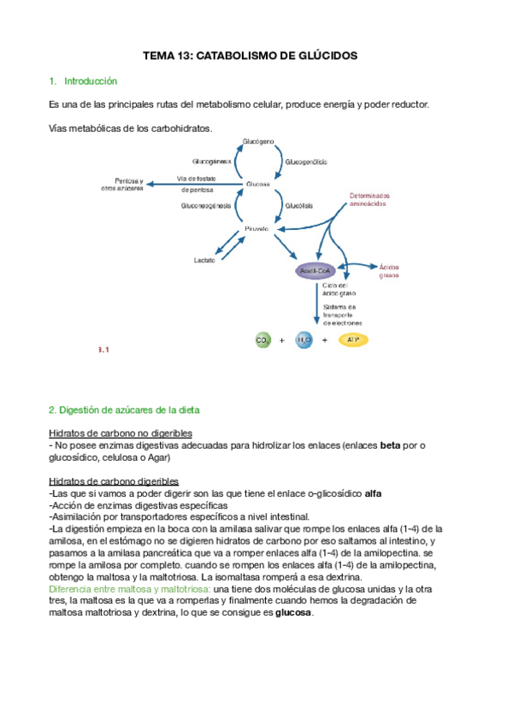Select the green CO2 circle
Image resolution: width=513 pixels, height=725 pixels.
click(x=262, y=340)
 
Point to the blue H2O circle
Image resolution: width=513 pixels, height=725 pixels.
click(x=304, y=340)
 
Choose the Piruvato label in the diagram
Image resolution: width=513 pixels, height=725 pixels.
click(x=256, y=229)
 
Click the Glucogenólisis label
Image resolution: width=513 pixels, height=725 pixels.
click(x=305, y=162)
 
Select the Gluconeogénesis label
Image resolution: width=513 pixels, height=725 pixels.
click(x=206, y=206)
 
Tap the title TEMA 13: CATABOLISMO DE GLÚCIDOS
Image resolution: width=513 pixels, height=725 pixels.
click(x=256, y=56)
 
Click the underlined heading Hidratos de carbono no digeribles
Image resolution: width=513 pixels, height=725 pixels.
click(x=121, y=433)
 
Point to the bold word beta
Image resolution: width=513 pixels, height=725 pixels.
click(x=390, y=445)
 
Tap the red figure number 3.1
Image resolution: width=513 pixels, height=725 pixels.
click(x=104, y=350)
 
